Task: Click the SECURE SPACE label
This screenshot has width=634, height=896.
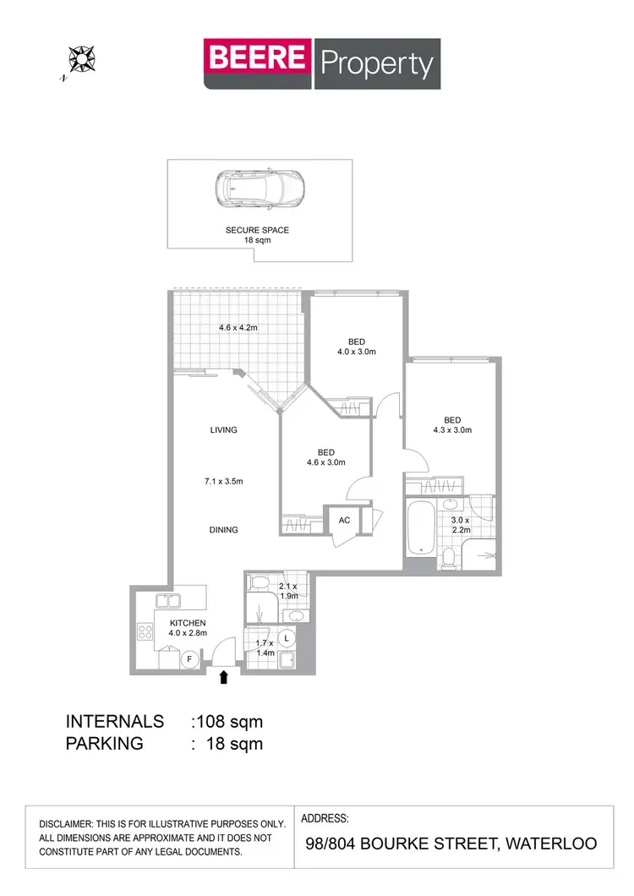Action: (x=257, y=230)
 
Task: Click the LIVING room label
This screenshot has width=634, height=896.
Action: (x=224, y=429)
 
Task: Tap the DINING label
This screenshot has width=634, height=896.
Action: (x=224, y=530)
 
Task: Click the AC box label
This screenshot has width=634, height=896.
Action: (x=344, y=521)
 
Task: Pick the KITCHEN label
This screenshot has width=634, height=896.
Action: (x=187, y=623)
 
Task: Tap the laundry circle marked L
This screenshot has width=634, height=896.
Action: (x=287, y=638)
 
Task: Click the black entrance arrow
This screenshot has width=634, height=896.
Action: (x=225, y=676)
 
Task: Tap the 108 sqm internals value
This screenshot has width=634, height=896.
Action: (x=229, y=722)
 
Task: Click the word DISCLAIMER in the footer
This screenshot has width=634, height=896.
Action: (x=70, y=824)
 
